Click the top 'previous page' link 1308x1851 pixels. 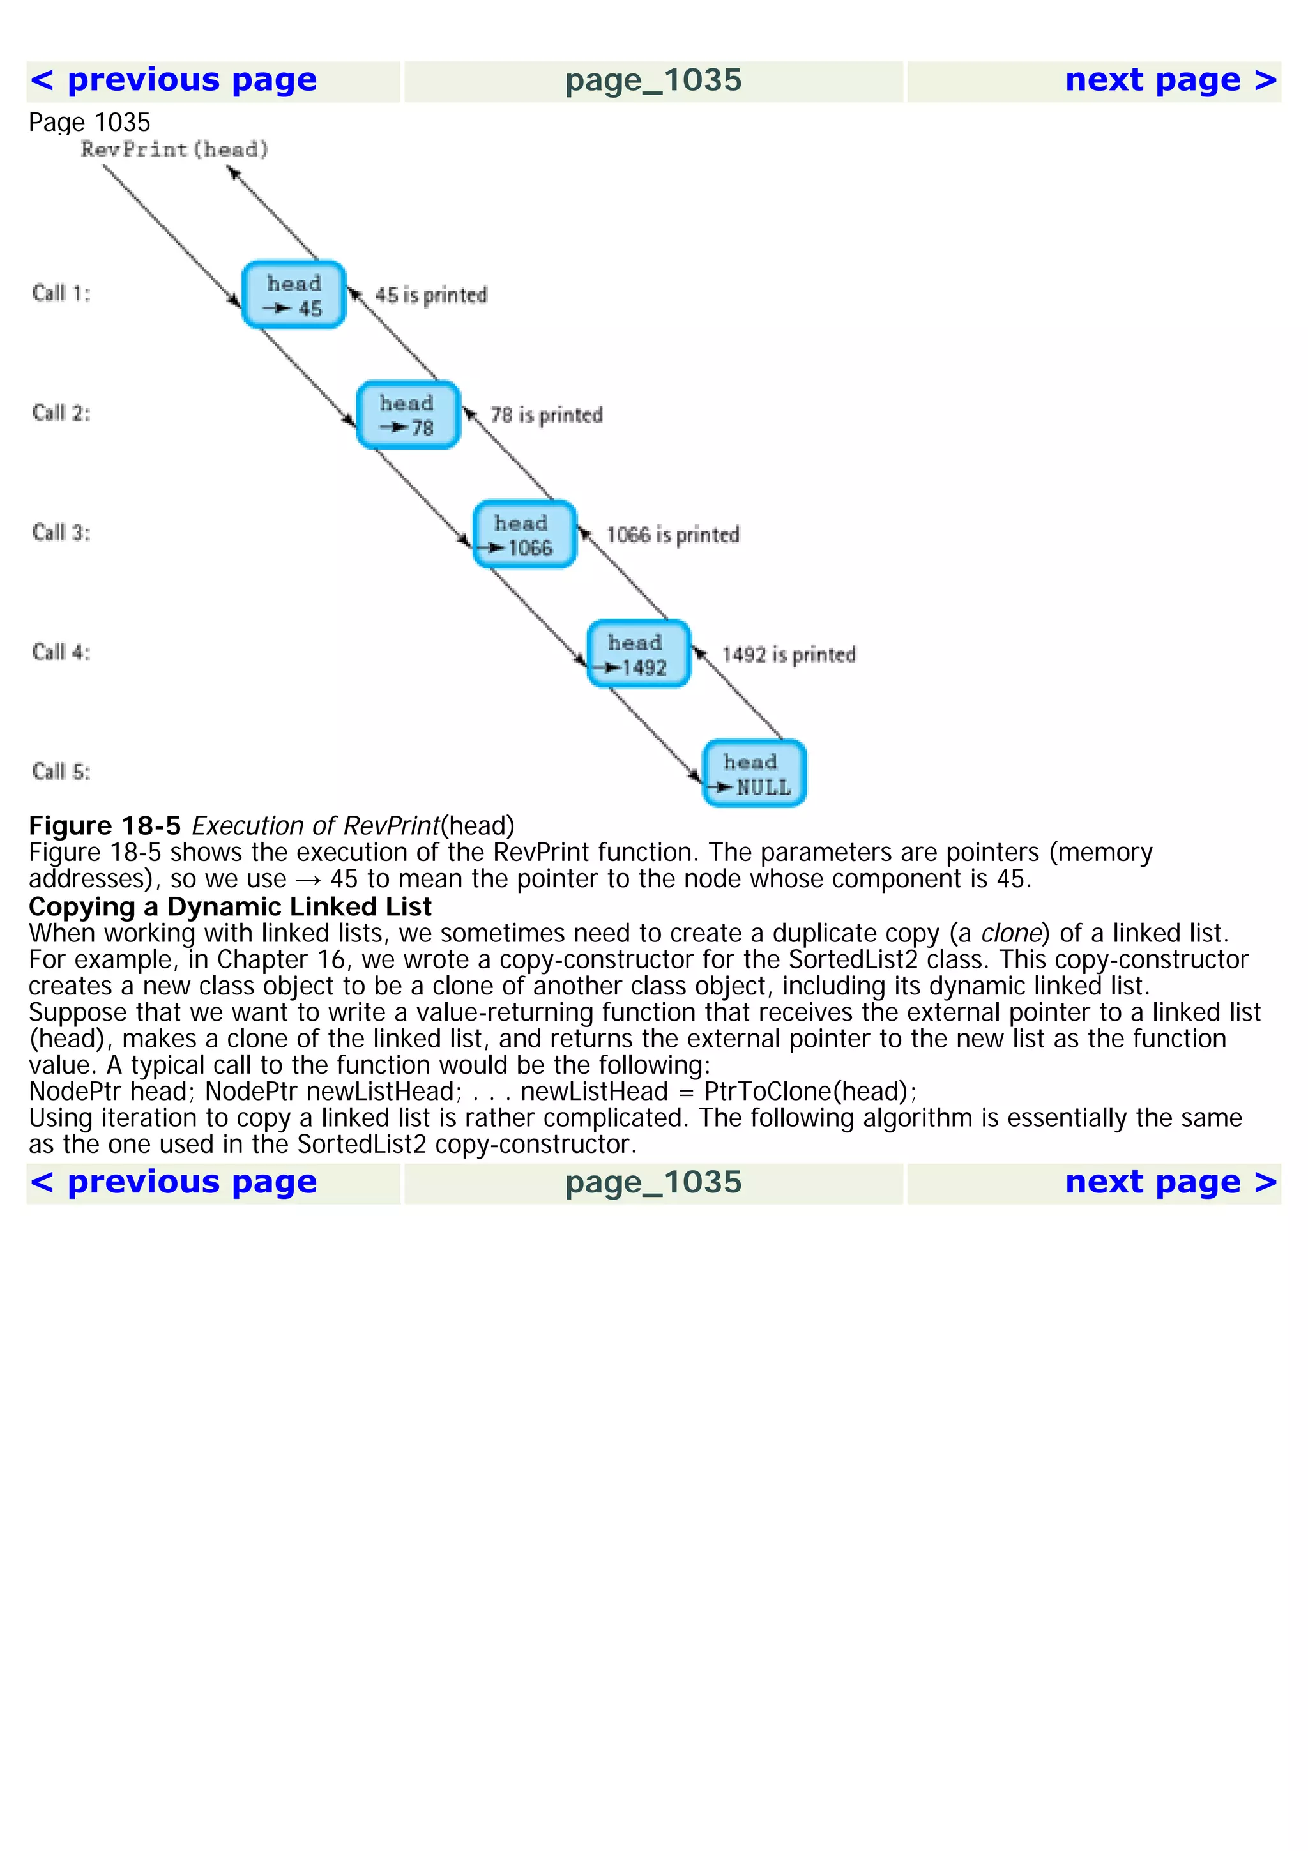[x=173, y=80]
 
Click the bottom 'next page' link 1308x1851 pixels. [x=1170, y=1183]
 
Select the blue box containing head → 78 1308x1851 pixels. [x=409, y=415]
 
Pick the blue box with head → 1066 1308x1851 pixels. [x=524, y=535]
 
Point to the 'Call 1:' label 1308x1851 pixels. [x=61, y=293]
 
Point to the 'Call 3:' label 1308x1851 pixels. [x=61, y=533]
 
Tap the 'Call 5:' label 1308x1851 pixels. [x=61, y=772]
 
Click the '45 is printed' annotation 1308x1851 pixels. [x=431, y=296]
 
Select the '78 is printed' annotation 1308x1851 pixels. [x=547, y=415]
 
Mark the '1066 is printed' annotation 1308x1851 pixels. [x=672, y=535]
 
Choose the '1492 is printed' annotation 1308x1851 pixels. [x=788, y=655]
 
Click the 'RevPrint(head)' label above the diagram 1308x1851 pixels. [x=174, y=150]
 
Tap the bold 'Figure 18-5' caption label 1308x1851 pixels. [x=105, y=826]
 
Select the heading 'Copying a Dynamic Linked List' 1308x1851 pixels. [x=230, y=907]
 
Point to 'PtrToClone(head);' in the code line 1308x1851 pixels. [x=810, y=1092]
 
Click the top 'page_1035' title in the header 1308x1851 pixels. [x=653, y=80]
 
